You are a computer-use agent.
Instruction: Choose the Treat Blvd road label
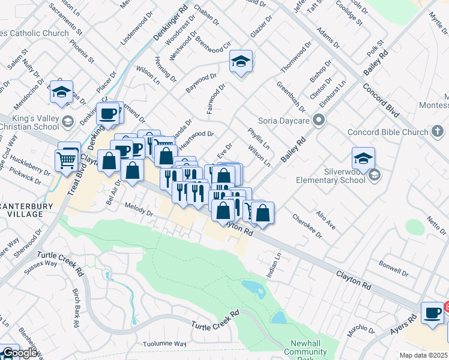pyautogui.click(x=73, y=177)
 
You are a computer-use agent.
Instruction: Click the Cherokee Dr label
pyautogui.click(x=306, y=226)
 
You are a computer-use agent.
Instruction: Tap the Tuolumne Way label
pyautogui.click(x=164, y=344)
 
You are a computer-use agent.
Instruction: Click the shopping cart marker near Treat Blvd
pyautogui.click(x=67, y=159)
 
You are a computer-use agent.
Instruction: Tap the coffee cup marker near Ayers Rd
pyautogui.click(x=432, y=313)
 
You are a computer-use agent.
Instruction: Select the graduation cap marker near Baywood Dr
pyautogui.click(x=241, y=61)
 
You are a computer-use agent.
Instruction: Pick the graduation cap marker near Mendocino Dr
pyautogui.click(x=61, y=92)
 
